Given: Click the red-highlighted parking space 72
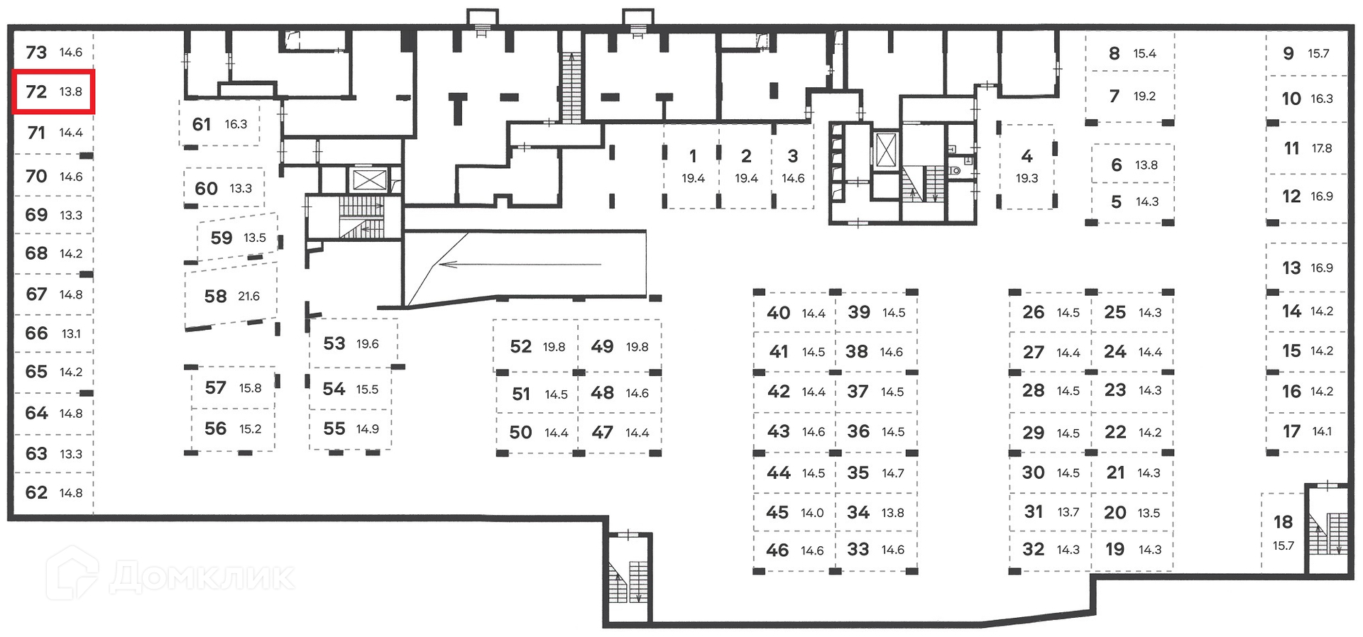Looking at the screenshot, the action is tap(54, 92).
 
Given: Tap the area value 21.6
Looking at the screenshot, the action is tap(249, 297).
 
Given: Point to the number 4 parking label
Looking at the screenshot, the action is tap(1027, 156).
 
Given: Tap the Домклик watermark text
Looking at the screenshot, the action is tap(202, 577).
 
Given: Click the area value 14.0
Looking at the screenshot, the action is tap(813, 513).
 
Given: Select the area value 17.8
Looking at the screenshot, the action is tap(1322, 148).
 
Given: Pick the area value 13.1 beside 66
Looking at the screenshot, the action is tap(71, 333).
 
